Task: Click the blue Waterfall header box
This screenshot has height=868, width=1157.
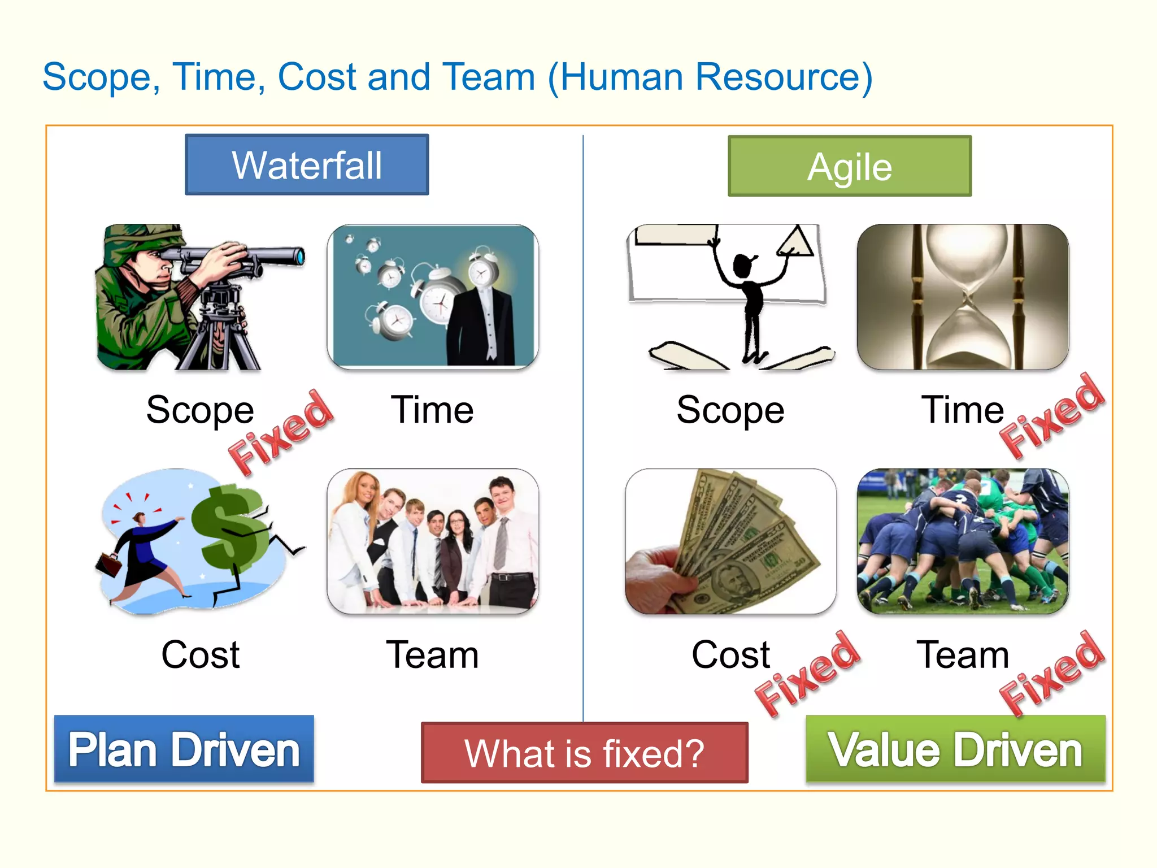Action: coord(307,165)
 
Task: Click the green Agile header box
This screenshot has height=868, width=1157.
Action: coord(850,166)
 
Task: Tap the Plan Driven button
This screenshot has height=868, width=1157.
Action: coord(184,749)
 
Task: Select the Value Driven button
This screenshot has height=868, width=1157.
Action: coord(955,749)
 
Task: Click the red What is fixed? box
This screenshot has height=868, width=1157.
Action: coord(585,753)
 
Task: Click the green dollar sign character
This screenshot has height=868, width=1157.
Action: coord(229,526)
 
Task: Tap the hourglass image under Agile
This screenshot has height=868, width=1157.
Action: coord(963,297)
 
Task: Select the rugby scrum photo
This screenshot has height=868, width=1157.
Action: coord(963,541)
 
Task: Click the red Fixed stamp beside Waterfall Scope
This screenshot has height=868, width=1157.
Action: coord(281,432)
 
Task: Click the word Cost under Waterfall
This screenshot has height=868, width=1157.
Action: coord(201,654)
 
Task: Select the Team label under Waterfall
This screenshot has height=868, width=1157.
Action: coord(432,654)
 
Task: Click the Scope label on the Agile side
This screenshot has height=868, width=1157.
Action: coord(730,410)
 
